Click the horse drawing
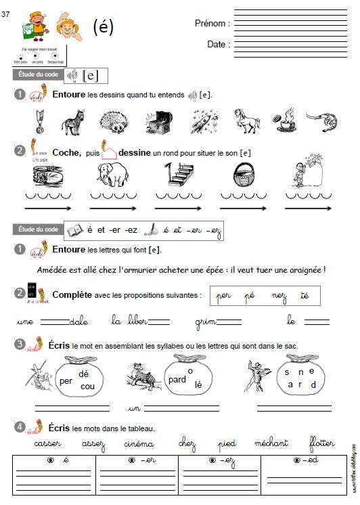click(x=247, y=121)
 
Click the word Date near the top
click(x=217, y=44)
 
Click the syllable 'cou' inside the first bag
click(x=87, y=386)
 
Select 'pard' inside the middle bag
click(x=177, y=379)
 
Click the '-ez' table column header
click(x=219, y=460)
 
